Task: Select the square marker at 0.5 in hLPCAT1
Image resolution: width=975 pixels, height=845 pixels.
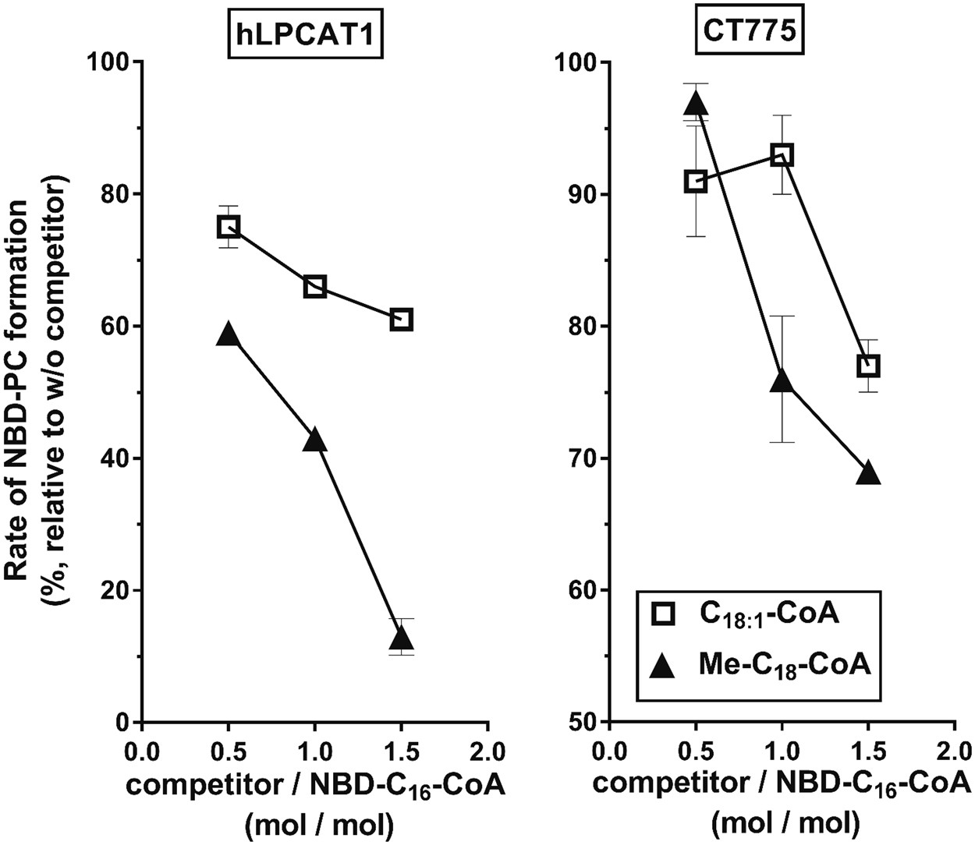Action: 228,227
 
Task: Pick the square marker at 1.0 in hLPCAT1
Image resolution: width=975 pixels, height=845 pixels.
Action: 314,286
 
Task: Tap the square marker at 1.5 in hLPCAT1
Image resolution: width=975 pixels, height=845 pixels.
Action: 401,320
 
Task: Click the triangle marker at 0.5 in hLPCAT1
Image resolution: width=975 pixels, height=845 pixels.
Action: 228,335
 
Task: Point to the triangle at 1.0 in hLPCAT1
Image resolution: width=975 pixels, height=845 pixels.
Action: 314,440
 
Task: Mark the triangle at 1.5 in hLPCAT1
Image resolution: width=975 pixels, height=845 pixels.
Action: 401,638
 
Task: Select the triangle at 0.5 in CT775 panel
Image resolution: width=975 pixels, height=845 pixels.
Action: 696,104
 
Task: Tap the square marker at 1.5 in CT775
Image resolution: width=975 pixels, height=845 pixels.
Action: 868,366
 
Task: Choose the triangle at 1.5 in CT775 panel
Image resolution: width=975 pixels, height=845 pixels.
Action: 868,474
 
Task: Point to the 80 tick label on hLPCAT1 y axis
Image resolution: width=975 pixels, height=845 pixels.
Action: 114,194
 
